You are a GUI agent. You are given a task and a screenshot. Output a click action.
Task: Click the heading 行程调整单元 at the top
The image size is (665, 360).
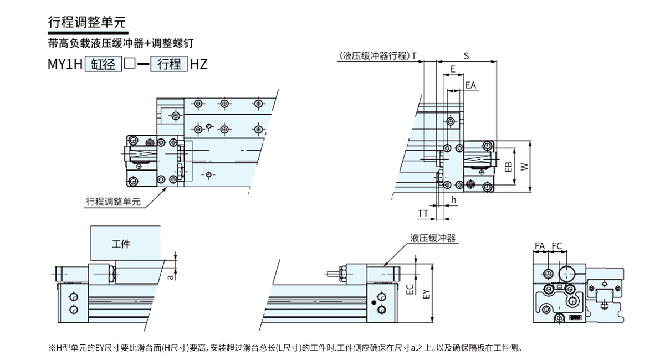coord(87,23)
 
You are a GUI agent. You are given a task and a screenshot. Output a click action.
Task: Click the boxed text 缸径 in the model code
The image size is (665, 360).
coord(103,64)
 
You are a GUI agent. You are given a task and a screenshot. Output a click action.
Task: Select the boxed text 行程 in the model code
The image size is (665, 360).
coord(169,64)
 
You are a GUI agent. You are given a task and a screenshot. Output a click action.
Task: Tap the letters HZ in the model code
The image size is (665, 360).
coord(198,64)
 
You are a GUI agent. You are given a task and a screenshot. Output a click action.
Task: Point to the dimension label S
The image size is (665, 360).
coord(466,55)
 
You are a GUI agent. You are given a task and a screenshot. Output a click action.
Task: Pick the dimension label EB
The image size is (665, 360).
coord(508,166)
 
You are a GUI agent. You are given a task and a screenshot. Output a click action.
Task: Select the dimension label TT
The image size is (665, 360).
coord(423,213)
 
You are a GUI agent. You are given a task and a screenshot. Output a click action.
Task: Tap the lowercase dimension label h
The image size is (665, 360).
coord(453,200)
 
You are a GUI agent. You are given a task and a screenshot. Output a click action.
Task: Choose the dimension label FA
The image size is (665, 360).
coord(540,246)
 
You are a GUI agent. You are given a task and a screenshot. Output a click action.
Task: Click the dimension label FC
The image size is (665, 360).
coord(557,246)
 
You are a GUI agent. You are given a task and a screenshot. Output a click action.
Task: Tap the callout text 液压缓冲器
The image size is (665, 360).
coord(433,238)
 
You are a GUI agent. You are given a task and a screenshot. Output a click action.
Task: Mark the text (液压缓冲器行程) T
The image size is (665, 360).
coord(377,55)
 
